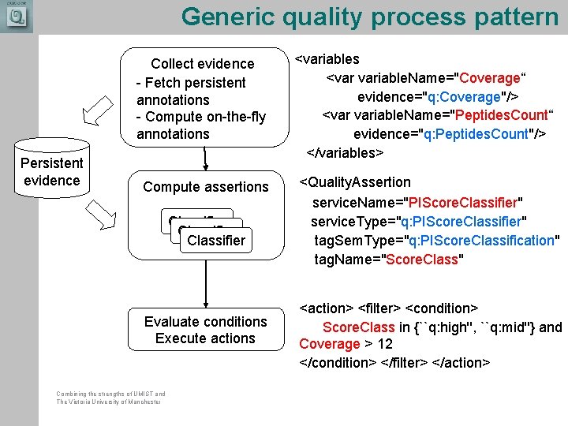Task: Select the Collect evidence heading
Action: [x=203, y=64]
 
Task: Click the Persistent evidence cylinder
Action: [x=51, y=170]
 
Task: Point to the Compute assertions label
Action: [x=206, y=187]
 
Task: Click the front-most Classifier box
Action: [x=215, y=240]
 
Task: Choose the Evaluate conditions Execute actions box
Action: [x=205, y=330]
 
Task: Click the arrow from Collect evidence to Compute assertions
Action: [x=205, y=158]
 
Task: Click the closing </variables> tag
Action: [x=344, y=151]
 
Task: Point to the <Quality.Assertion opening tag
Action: [x=355, y=182]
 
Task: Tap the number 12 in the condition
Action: [x=385, y=344]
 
